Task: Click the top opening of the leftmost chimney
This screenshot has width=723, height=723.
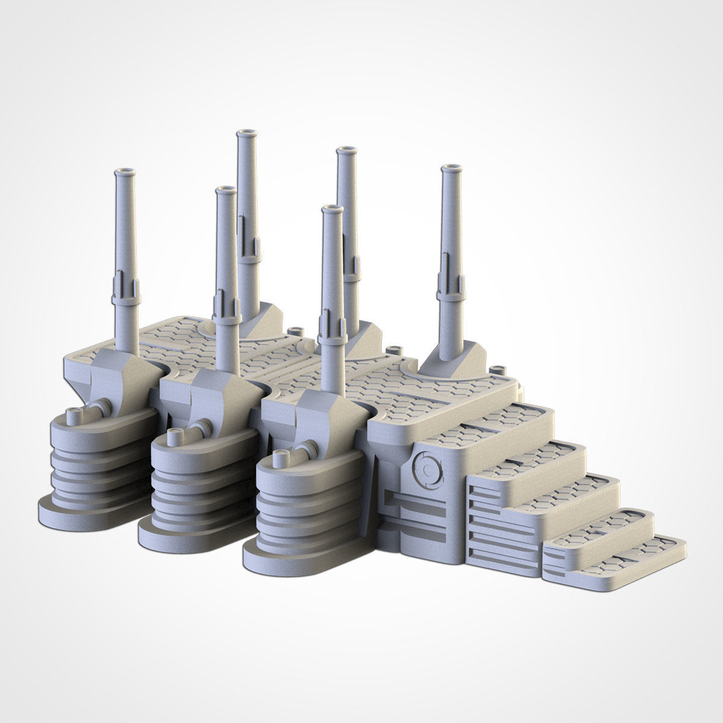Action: point(126,172)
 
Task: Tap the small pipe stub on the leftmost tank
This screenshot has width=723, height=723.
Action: point(75,414)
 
